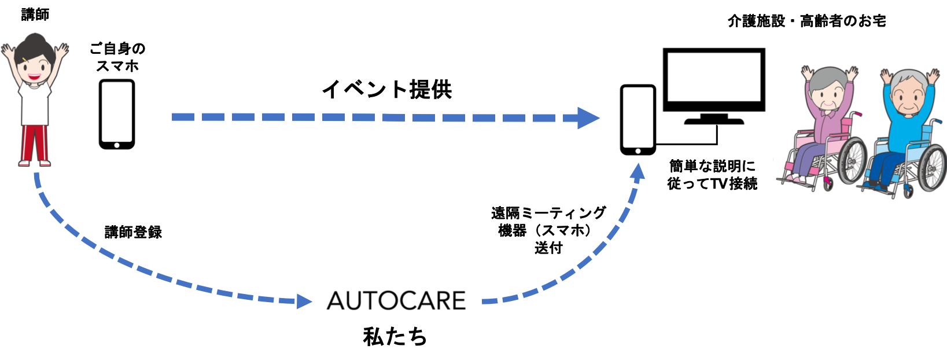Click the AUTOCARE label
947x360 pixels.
(396, 301)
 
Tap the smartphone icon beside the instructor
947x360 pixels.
(116, 113)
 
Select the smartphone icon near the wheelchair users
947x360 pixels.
(638, 120)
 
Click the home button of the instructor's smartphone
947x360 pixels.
(116, 144)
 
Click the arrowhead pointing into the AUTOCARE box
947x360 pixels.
(304, 301)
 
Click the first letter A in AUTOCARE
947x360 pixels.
(337, 301)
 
